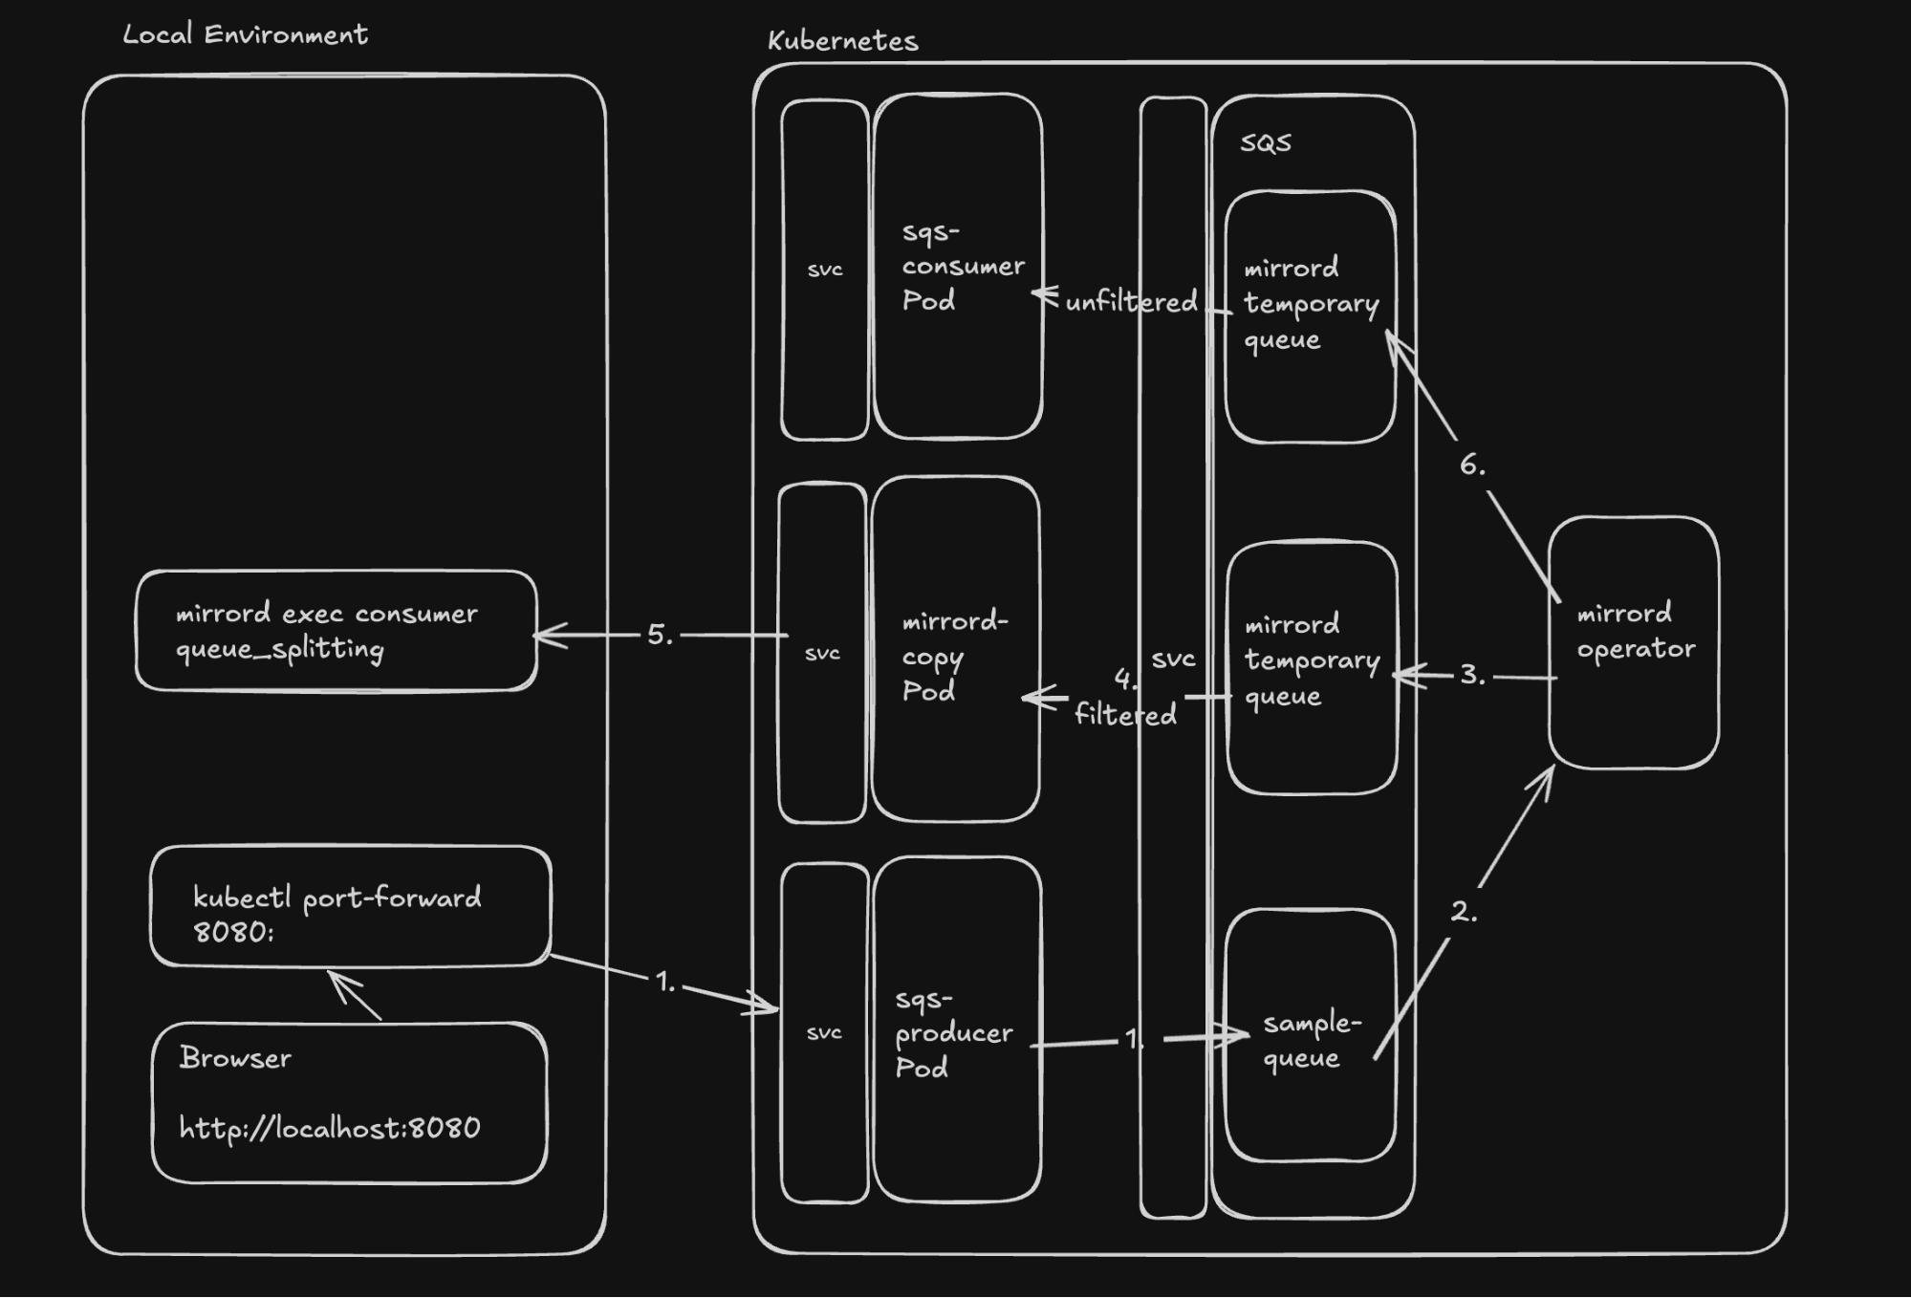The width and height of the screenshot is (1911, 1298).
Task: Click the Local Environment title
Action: tap(245, 35)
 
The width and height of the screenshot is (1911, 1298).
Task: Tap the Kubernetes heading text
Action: tap(842, 41)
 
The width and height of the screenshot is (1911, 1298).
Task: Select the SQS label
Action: tap(1265, 142)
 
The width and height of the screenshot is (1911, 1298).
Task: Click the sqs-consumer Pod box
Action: tap(958, 267)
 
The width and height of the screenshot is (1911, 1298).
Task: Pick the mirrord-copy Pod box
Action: tap(955, 650)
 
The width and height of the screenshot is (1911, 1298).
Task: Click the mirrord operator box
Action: tap(1634, 642)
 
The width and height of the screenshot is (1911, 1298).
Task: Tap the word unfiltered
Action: tap(1130, 302)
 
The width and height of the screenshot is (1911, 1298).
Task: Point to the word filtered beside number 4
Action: tap(1125, 714)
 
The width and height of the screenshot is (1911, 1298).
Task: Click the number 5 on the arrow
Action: tap(660, 635)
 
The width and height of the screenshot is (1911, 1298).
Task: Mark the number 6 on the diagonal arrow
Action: tap(1471, 465)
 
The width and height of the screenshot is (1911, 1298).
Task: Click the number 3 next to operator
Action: tap(1472, 675)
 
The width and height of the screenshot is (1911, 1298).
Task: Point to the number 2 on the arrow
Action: tap(1463, 911)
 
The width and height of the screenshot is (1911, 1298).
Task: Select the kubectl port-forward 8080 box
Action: tap(350, 906)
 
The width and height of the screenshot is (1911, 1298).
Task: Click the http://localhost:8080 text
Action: tap(330, 1129)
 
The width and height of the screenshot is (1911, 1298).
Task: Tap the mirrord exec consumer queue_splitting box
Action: tap(336, 631)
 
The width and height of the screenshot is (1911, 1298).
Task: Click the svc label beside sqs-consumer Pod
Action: tap(824, 270)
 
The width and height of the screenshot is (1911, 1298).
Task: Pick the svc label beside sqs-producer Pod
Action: tap(823, 1032)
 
